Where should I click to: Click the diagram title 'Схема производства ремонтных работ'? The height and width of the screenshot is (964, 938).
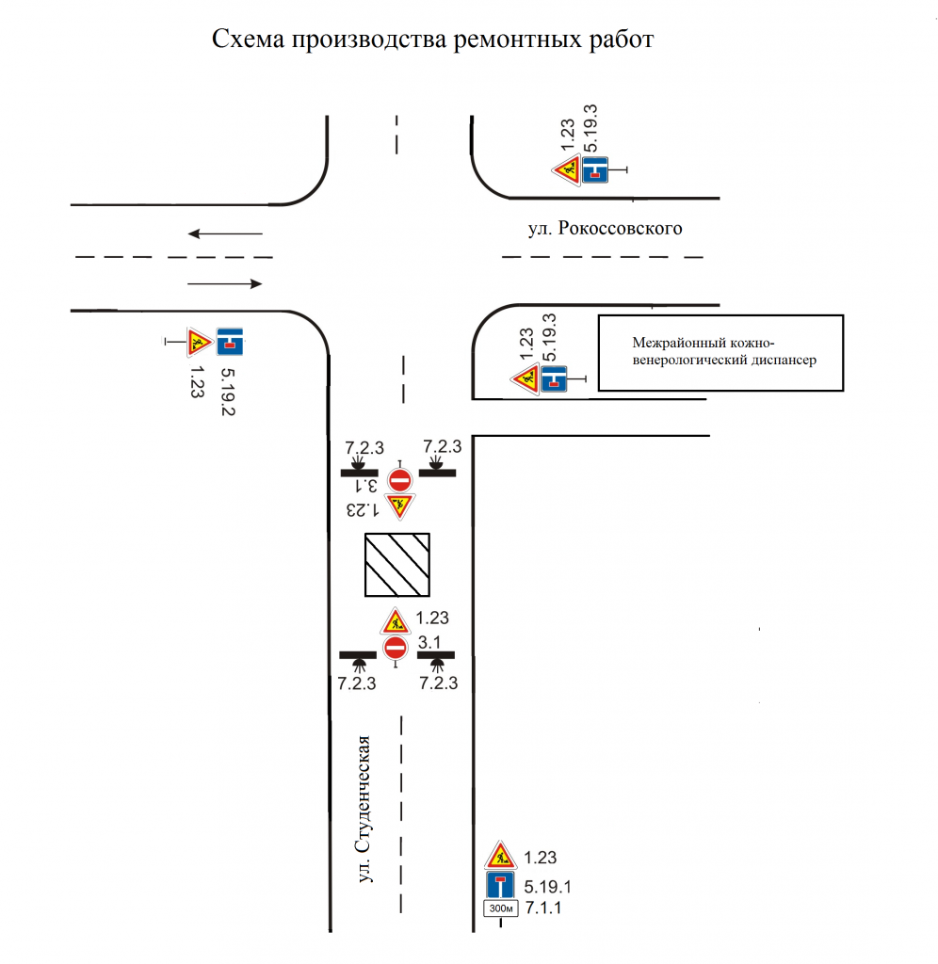(432, 40)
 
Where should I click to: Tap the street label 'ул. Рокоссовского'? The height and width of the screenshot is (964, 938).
(605, 229)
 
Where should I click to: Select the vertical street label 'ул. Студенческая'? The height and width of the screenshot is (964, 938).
(364, 809)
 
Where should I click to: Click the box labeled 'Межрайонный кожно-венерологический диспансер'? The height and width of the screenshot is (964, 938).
(720, 353)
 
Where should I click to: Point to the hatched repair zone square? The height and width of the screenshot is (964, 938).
(396, 565)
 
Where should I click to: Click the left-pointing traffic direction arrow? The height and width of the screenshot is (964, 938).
(225, 233)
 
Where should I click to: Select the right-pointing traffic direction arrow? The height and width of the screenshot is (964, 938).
(225, 283)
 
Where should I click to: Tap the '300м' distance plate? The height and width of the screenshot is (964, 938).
(501, 908)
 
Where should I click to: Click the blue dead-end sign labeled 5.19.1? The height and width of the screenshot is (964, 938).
(500, 885)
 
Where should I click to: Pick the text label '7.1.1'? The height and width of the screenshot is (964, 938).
(543, 908)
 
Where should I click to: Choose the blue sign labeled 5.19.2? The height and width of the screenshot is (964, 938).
(230, 342)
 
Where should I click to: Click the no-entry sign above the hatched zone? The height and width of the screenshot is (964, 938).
(400, 479)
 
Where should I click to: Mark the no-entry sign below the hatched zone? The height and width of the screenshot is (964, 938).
(395, 648)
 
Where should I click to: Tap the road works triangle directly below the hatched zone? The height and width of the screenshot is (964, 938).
(395, 622)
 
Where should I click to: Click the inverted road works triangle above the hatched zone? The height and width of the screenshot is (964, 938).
(400, 505)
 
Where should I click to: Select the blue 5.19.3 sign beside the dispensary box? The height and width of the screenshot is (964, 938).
(554, 378)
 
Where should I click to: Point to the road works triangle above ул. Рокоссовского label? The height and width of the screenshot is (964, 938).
(567, 170)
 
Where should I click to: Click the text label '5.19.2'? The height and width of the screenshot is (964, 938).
(228, 392)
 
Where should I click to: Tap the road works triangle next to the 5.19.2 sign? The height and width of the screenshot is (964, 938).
(200, 342)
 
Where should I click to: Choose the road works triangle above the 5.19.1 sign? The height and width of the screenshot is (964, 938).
(500, 855)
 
